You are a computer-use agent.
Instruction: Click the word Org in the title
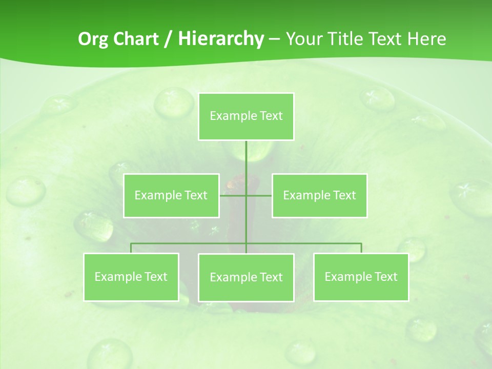(93, 39)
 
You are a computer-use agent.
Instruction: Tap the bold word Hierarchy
(220, 39)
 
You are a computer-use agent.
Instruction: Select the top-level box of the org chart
(246, 116)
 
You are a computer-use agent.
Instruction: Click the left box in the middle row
(171, 195)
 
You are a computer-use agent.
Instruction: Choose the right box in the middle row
(319, 195)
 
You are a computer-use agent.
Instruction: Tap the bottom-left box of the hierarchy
(131, 277)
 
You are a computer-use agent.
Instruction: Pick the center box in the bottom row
(246, 277)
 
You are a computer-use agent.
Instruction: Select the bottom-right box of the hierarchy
(361, 277)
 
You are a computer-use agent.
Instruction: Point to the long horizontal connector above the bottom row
(190, 243)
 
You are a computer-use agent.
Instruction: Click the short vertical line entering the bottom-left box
(131, 248)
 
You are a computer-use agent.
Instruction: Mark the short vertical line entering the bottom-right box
(361, 248)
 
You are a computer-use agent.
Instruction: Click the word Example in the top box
(233, 116)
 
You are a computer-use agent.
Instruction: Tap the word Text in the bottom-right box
(386, 277)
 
